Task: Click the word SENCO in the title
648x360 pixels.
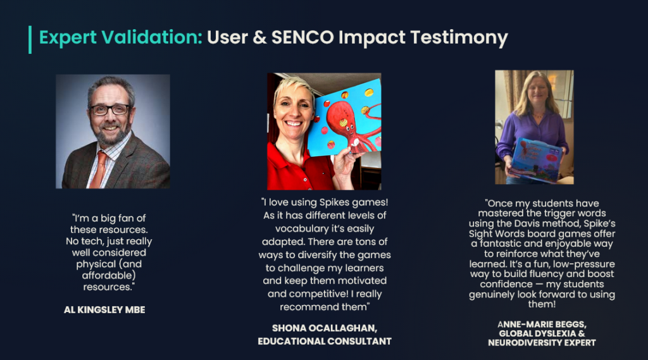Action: click(x=302, y=37)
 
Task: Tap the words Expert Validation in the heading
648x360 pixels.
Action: click(x=120, y=37)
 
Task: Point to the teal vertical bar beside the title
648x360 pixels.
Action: click(x=30, y=40)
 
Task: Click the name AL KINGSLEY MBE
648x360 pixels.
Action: click(x=104, y=310)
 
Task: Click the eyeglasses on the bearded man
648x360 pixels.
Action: click(x=110, y=109)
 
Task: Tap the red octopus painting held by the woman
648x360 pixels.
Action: click(x=345, y=118)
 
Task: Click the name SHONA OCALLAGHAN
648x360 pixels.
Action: click(x=325, y=328)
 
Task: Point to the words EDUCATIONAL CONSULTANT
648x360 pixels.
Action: click(x=325, y=342)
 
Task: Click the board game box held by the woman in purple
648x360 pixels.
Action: click(x=535, y=160)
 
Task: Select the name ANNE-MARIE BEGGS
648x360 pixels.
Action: click(x=542, y=325)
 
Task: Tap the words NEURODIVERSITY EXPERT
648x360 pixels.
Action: click(x=542, y=343)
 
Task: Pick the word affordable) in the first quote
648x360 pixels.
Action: click(x=109, y=276)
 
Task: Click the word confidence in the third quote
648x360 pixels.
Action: click(x=506, y=284)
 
